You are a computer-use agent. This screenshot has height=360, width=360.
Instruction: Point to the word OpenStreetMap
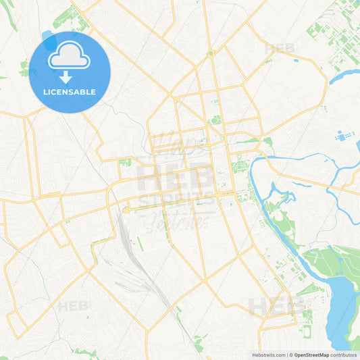click(311, 355)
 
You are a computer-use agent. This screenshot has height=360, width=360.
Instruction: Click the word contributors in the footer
click(344, 355)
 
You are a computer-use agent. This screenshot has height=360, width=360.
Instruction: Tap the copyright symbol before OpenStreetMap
click(290, 355)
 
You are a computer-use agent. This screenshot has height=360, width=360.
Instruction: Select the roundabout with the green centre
click(211, 53)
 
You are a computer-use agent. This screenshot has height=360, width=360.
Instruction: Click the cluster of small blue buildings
click(344, 136)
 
